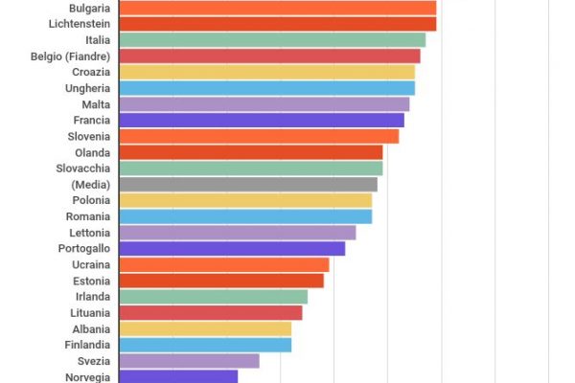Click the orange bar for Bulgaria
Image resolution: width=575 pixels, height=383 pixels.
pyautogui.click(x=277, y=8)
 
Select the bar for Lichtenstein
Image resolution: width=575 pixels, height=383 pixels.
pyautogui.click(x=277, y=24)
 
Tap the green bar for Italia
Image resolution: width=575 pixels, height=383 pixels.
pyautogui.click(x=272, y=40)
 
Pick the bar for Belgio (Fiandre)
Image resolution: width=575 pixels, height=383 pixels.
pyautogui.click(x=269, y=56)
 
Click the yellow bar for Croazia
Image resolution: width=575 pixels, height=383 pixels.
pyautogui.click(x=266, y=72)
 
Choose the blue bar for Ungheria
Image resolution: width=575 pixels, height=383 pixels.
pyautogui.click(x=266, y=88)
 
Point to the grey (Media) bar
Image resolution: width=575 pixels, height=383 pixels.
pyautogui.click(x=247, y=184)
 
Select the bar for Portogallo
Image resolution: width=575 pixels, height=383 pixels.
pyautogui.click(x=231, y=248)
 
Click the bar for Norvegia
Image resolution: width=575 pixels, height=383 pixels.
pyautogui.click(x=177, y=376)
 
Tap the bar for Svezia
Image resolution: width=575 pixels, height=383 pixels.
pyautogui.click(x=189, y=361)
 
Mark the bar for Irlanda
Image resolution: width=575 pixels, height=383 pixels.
pyautogui.click(x=213, y=297)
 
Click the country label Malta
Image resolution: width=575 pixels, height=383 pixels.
pyautogui.click(x=96, y=104)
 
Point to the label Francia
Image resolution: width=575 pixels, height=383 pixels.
pyautogui.click(x=91, y=121)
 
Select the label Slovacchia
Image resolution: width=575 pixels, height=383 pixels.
pyautogui.click(x=82, y=169)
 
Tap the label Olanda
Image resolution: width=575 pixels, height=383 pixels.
pyautogui.click(x=92, y=152)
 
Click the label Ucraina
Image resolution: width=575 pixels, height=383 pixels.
pyautogui.click(x=91, y=264)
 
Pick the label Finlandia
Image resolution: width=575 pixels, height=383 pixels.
pyautogui.click(x=86, y=345)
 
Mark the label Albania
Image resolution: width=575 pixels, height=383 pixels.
pyautogui.click(x=90, y=328)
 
